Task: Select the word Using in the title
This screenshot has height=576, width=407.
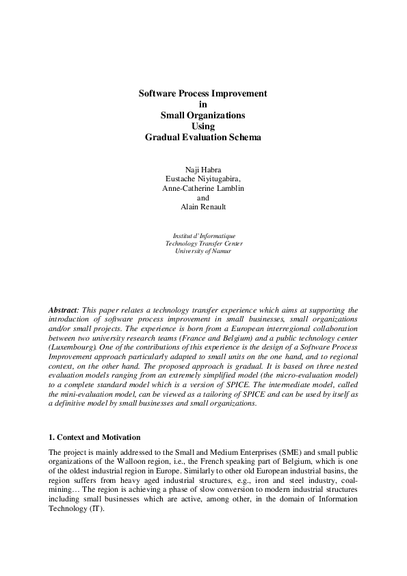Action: (203, 126)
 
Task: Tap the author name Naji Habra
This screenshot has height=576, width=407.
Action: (203, 168)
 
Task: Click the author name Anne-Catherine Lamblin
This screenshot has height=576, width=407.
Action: (203, 188)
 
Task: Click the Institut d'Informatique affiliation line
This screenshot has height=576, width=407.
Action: (203, 236)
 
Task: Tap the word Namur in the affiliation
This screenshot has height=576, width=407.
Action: (220, 252)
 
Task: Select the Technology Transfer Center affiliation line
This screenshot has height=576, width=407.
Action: (203, 244)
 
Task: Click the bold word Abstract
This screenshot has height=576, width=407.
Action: (64, 311)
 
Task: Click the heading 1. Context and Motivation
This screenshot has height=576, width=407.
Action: (94, 436)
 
